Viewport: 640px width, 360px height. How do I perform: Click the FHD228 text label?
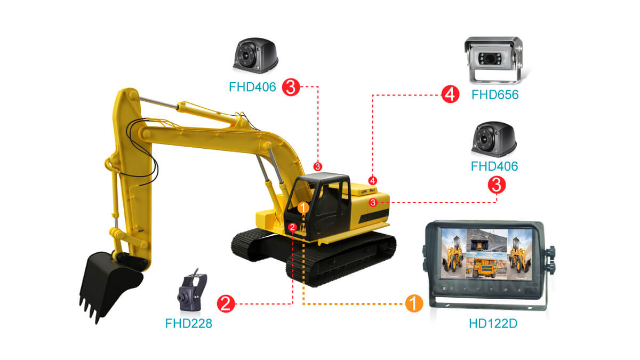(x=189, y=323)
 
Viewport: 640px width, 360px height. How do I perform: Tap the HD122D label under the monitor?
(x=493, y=323)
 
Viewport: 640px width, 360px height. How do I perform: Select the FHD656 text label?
(x=495, y=94)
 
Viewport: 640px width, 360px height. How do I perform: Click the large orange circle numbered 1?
(x=414, y=303)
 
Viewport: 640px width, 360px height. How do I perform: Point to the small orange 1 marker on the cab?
(x=303, y=207)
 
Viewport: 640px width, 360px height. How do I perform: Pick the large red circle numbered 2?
(x=226, y=303)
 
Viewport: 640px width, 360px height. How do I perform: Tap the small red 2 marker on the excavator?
(x=292, y=227)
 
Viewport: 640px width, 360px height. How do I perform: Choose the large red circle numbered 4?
(x=450, y=94)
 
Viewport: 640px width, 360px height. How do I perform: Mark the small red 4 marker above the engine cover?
(x=373, y=181)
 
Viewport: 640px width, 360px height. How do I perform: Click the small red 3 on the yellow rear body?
(x=373, y=203)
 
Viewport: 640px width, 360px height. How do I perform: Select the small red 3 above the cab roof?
(x=318, y=166)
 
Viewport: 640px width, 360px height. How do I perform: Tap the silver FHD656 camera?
(x=495, y=60)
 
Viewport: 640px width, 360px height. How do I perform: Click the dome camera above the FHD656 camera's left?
(x=255, y=55)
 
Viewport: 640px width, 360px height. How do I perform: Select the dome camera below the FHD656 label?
(x=494, y=139)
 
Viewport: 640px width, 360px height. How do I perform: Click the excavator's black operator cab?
(x=317, y=206)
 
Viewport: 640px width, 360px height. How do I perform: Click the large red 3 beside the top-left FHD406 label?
(x=291, y=87)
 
